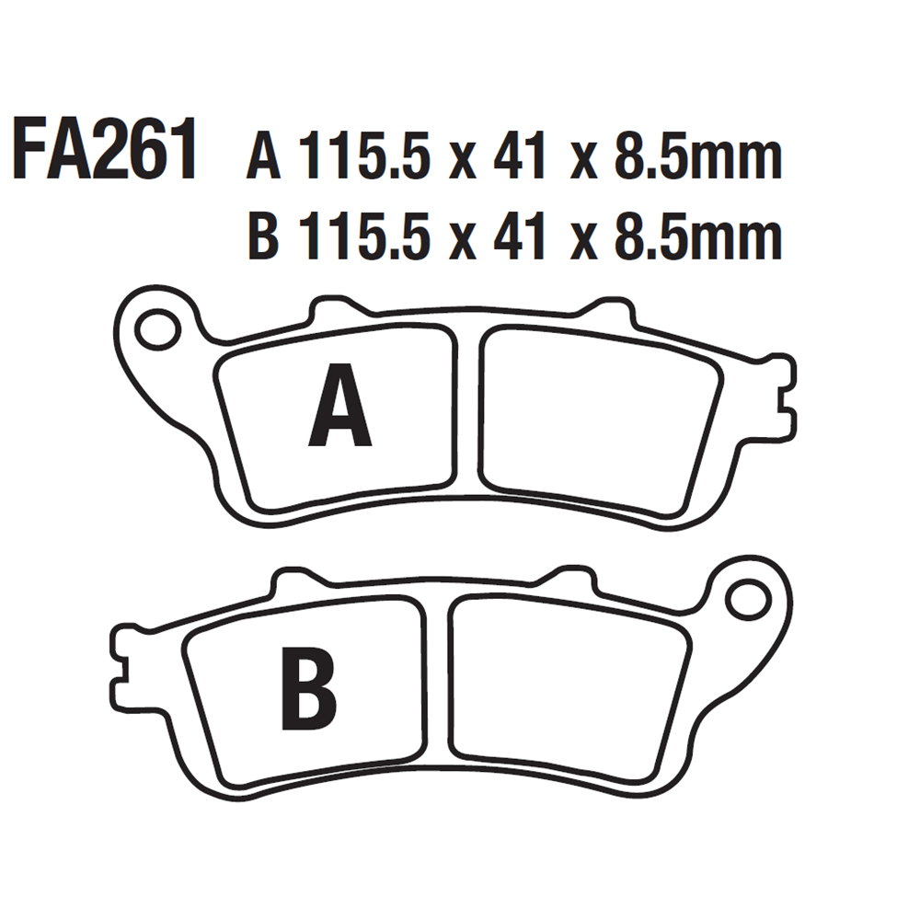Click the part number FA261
(x=106, y=150)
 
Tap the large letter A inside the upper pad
(x=339, y=406)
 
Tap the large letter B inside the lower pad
(x=309, y=688)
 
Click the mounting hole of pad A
(x=158, y=328)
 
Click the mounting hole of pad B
(x=748, y=600)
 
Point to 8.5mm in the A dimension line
(x=698, y=155)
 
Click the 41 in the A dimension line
(x=520, y=155)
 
